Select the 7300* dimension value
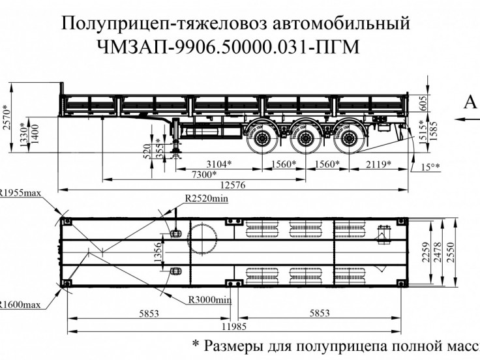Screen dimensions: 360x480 pos(204,174)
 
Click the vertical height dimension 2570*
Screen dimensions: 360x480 pos(7,117)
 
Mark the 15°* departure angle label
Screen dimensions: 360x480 pos(430,167)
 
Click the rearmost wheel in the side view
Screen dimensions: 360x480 pos(345,139)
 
